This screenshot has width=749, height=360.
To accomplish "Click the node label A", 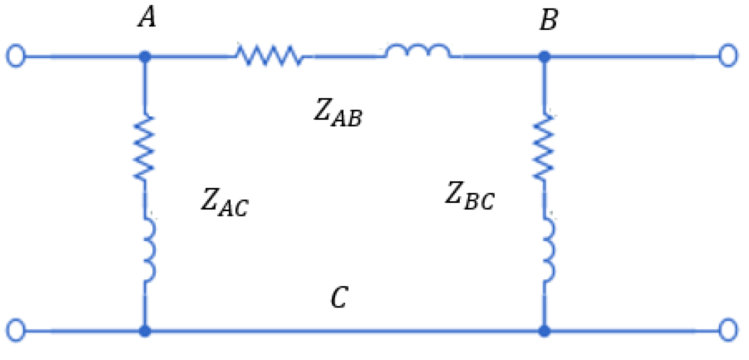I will click(x=147, y=18).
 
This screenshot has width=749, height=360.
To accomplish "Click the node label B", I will click(x=549, y=20).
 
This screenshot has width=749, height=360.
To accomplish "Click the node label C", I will click(x=339, y=297).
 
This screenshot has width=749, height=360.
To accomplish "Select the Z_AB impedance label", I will click(x=338, y=113).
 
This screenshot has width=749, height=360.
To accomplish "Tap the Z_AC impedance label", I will click(x=224, y=202).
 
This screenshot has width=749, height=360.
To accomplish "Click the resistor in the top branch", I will click(x=269, y=55).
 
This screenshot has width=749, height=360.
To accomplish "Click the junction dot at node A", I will click(x=145, y=57).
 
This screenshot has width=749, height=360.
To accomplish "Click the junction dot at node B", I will click(x=544, y=57).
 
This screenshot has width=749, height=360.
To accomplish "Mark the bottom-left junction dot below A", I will click(x=145, y=330).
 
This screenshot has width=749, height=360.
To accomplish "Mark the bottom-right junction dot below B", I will click(x=544, y=330).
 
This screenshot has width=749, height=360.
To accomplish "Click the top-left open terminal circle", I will click(x=16, y=56).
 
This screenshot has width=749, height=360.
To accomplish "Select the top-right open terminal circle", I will click(x=728, y=56).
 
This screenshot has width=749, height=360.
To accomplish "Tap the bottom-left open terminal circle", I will click(x=16, y=330).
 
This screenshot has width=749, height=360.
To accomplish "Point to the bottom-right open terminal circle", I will click(x=728, y=330).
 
